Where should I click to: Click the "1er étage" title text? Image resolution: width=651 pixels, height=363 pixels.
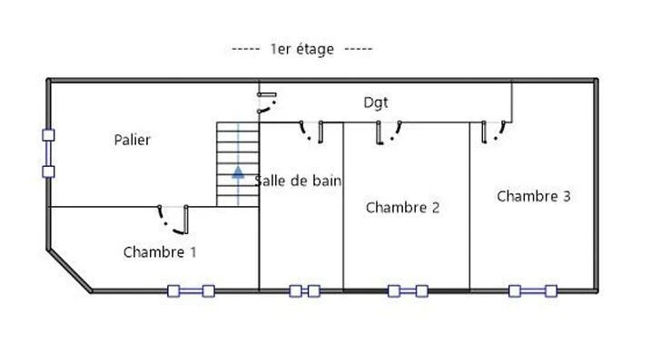(x=301, y=49)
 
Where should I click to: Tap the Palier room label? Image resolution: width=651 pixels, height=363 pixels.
(x=132, y=140)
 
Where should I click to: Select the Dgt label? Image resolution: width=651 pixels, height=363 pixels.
(x=376, y=103)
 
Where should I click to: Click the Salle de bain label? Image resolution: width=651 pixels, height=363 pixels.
(x=298, y=181)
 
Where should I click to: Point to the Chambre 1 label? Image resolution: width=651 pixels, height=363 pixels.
(x=160, y=251)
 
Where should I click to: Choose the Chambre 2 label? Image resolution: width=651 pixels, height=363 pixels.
(x=402, y=207)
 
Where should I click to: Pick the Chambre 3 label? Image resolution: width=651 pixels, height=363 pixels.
(x=534, y=196)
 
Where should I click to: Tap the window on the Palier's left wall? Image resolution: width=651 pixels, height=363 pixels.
(x=49, y=153)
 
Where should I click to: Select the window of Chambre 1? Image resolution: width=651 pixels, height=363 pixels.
(x=191, y=291)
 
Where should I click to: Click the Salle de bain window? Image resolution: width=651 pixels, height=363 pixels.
(x=305, y=291)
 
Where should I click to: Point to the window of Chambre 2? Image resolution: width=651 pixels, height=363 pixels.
(x=408, y=291)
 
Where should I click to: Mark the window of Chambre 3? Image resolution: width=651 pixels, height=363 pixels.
(x=533, y=291)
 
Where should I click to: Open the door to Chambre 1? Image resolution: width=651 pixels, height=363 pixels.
(x=173, y=220)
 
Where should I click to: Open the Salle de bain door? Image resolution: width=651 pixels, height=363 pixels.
(x=311, y=132)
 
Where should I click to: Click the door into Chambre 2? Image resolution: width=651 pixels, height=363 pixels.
(x=389, y=132)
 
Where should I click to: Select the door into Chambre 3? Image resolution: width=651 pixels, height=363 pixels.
(x=494, y=132)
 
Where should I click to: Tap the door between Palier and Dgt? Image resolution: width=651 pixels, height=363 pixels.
(x=266, y=103)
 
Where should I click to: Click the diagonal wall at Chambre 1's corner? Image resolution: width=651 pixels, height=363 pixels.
(x=69, y=270)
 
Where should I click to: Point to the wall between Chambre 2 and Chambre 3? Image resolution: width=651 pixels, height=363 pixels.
(x=470, y=206)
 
